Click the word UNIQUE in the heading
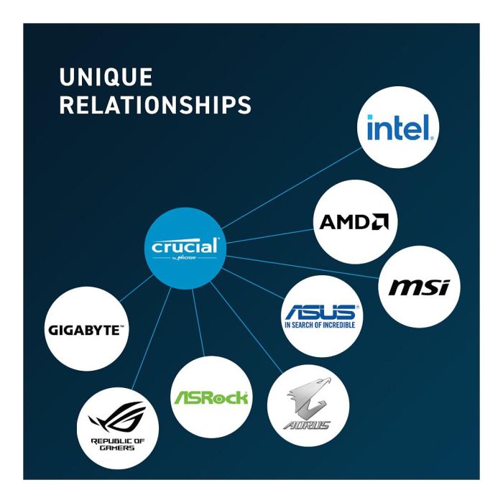coord(106,77)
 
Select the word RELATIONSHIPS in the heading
coord(155,105)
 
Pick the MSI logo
coord(418,287)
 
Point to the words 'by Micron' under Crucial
coord(185,258)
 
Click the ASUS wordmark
coord(319,313)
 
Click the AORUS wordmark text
coord(306,425)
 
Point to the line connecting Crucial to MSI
coord(309,267)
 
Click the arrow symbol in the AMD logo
coord(380,222)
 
